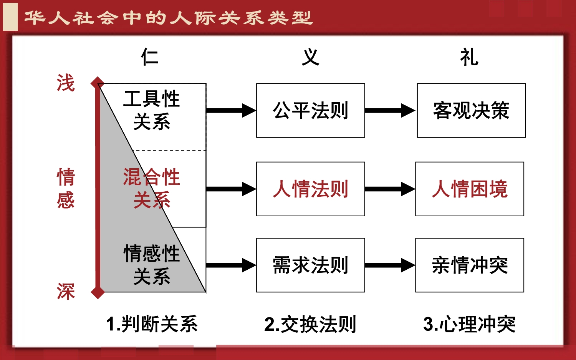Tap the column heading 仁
(x=150, y=57)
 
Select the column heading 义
(x=310, y=57)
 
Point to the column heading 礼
(x=469, y=57)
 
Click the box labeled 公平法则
(x=310, y=111)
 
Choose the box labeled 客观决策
(x=471, y=111)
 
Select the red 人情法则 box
(x=310, y=189)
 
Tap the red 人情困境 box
(x=470, y=189)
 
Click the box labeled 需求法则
(x=310, y=265)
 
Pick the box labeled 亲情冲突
(x=470, y=265)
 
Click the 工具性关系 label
(x=152, y=110)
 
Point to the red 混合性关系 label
(x=152, y=188)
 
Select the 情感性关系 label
(x=152, y=265)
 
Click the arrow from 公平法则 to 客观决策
(x=390, y=111)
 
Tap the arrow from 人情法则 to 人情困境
(x=390, y=189)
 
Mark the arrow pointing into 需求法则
(x=231, y=265)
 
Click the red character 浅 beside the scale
(x=66, y=83)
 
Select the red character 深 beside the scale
(x=66, y=292)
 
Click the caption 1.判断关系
(x=152, y=324)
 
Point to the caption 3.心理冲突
(x=469, y=324)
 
